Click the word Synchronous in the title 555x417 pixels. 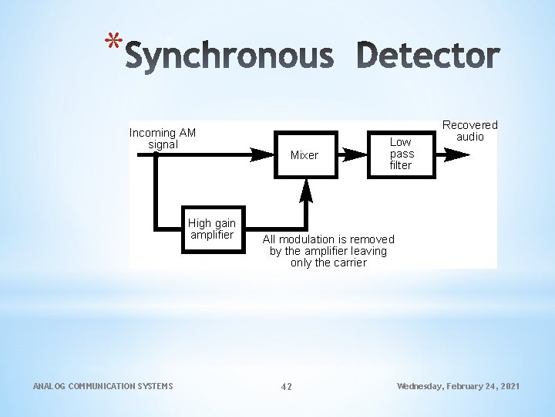(229, 56)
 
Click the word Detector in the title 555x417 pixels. (429, 56)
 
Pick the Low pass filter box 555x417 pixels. (401, 154)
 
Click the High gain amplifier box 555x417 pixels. (212, 229)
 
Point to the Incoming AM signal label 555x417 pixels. (163, 138)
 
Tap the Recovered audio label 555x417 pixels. (469, 131)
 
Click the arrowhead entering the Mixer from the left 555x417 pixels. (263, 154)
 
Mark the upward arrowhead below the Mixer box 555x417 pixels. (306, 188)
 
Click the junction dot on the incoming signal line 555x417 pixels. (156, 154)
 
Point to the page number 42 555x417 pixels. (286, 386)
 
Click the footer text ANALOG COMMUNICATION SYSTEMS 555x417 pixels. (103, 385)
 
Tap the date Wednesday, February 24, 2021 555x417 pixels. (458, 385)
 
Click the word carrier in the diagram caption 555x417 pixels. (350, 263)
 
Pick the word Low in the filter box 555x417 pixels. (401, 142)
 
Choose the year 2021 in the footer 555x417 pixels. (508, 385)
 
